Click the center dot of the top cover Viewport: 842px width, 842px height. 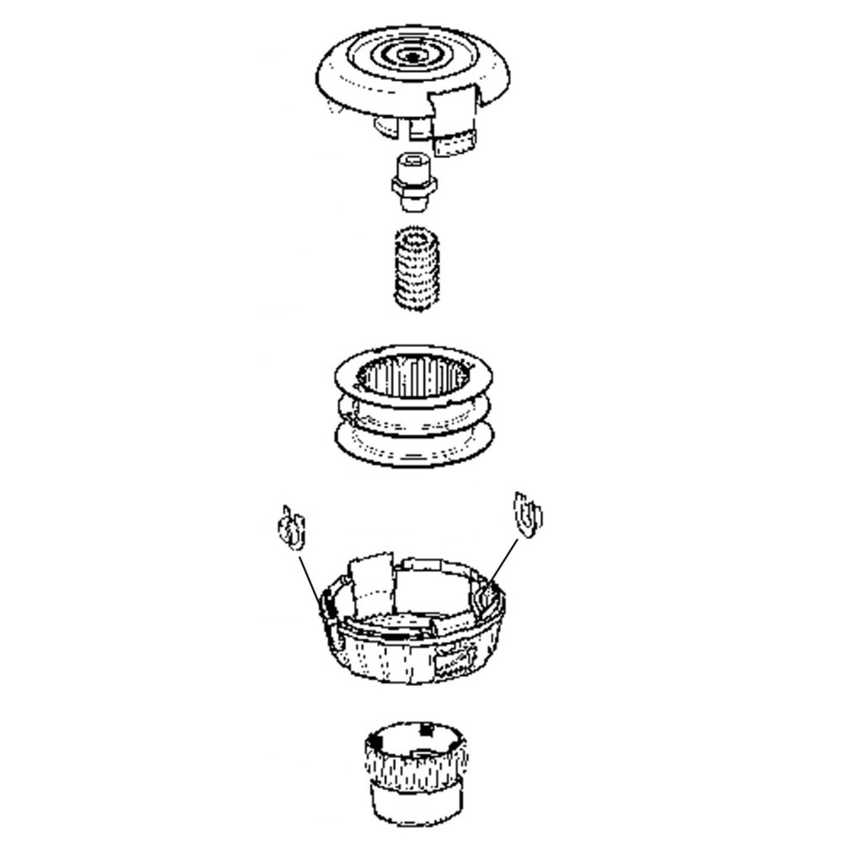[x=413, y=57]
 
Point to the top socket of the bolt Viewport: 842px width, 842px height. [x=413, y=161]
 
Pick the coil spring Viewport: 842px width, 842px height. [x=417, y=271]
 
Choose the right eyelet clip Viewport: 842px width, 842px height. [x=527, y=515]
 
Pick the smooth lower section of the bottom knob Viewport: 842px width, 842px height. [x=415, y=803]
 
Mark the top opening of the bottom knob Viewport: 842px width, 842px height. [x=415, y=737]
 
